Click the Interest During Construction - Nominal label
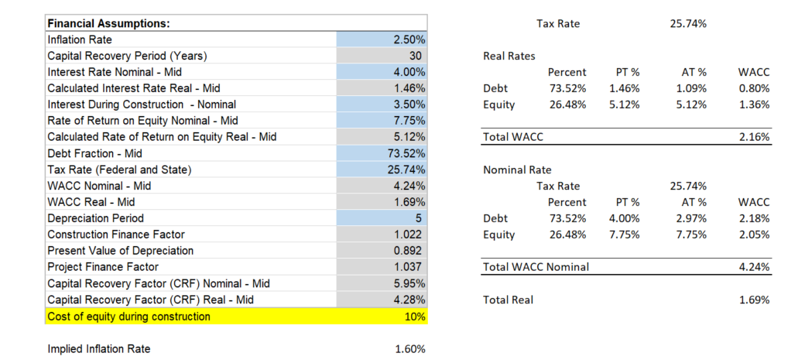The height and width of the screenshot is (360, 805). tap(142, 105)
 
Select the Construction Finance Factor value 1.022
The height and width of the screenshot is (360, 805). tap(409, 235)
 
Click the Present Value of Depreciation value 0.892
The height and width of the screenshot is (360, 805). tap(409, 251)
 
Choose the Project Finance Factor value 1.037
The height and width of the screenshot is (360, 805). tap(409, 267)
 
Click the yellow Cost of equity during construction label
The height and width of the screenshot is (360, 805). tap(128, 316)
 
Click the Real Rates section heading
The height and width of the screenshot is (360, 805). tap(509, 56)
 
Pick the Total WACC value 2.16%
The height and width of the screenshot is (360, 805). tap(754, 137)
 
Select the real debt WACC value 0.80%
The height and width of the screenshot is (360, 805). tap(754, 88)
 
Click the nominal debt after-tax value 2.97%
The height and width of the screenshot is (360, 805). tap(690, 218)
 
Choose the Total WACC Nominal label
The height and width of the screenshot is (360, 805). tap(536, 267)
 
